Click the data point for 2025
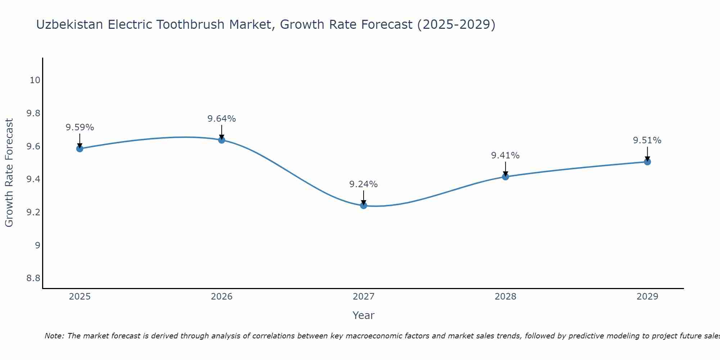[80, 149]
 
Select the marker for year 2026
[222, 140]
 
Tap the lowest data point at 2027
[364, 206]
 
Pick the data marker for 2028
[505, 177]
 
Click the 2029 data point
[647, 162]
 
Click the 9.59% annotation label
[80, 127]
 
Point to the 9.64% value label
[222, 119]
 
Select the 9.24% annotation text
[364, 184]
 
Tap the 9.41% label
[505, 156]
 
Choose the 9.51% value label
[647, 140]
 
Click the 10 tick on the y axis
[35, 80]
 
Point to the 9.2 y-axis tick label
[33, 212]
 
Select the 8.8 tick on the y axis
[33, 278]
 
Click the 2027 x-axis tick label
[364, 297]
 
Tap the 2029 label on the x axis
[647, 297]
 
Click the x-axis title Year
[364, 315]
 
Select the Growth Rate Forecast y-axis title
[9, 173]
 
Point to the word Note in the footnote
[54, 336]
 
